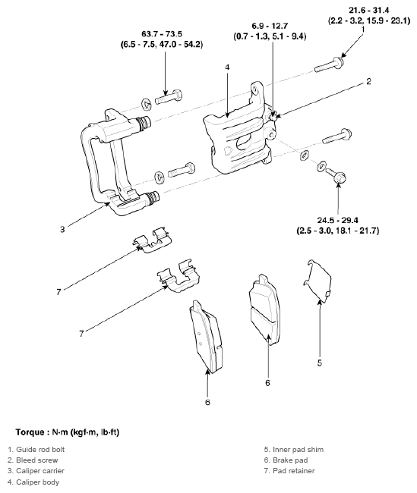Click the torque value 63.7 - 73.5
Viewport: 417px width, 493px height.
[162, 33]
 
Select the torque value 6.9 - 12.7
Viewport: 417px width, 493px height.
[270, 26]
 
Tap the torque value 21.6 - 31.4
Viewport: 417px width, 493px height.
[369, 10]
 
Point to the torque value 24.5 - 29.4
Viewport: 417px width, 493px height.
[338, 220]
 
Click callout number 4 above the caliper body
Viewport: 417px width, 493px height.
[227, 67]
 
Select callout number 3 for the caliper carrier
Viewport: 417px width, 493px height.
[62, 229]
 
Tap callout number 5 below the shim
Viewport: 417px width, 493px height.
[320, 363]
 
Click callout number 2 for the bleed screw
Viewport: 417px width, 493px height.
[369, 81]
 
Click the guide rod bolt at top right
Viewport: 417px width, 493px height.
[329, 64]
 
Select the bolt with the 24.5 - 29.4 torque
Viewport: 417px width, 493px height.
[336, 175]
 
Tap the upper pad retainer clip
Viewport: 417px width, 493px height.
[151, 240]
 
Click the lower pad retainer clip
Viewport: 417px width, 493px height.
[178, 277]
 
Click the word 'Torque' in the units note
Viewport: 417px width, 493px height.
[30, 432]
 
